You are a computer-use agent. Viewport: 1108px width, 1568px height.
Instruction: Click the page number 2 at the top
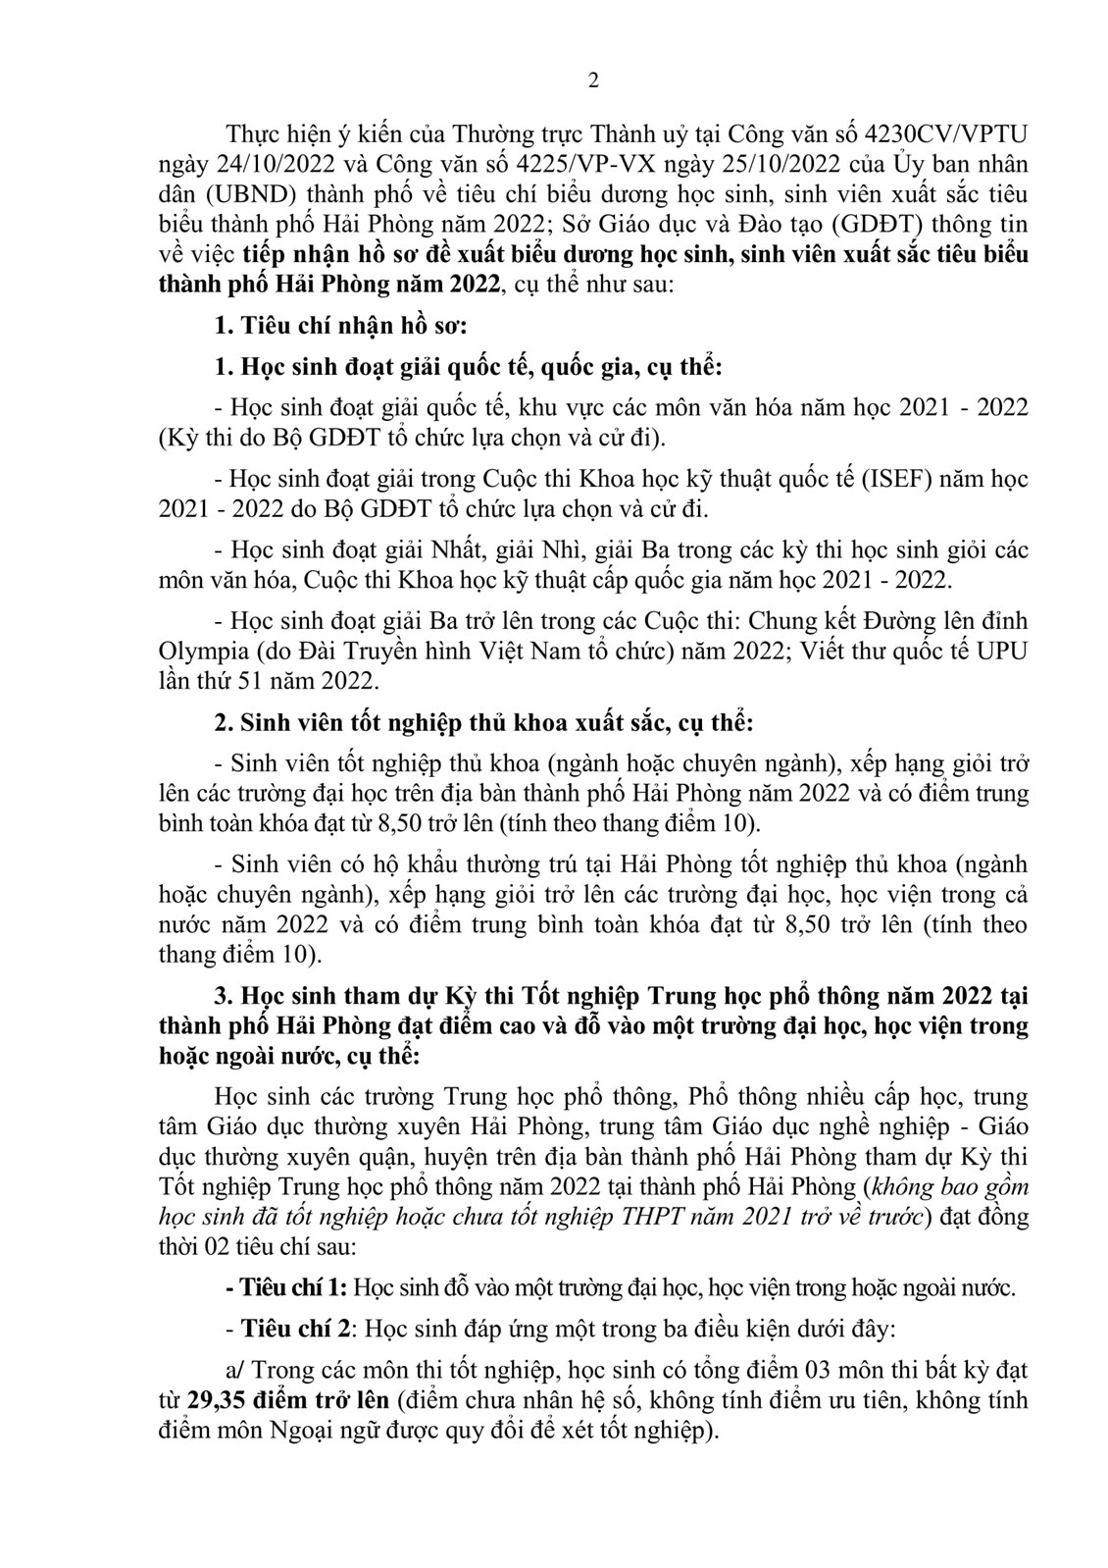click(x=592, y=81)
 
